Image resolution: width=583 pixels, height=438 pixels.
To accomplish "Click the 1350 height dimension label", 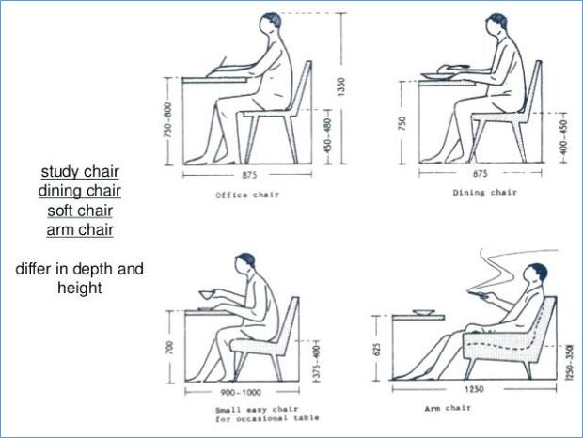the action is [341, 86].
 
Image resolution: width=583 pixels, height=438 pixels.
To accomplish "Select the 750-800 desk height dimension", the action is [167, 120].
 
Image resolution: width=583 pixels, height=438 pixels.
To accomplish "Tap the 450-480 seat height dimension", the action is [327, 136].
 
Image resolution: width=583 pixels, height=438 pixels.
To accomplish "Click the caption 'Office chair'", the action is [247, 196].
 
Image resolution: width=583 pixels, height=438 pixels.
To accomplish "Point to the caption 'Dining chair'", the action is [485, 193].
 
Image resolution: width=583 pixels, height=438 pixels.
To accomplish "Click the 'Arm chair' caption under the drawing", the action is [448, 408].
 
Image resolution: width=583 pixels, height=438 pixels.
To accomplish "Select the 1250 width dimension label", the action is [474, 389].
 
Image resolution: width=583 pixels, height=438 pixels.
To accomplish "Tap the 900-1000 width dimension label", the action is [241, 392].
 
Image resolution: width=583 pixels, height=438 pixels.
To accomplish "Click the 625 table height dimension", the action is [377, 350].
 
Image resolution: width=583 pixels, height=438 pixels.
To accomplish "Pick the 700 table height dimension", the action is [169, 347].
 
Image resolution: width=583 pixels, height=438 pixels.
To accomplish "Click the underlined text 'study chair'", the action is [80, 172].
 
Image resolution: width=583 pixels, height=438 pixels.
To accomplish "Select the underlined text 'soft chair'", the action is [80, 211].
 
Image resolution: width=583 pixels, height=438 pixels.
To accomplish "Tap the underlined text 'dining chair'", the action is [80, 191].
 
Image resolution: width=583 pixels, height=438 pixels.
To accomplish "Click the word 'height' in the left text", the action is [80, 289].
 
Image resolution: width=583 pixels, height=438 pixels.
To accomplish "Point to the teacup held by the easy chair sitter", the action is [207, 294].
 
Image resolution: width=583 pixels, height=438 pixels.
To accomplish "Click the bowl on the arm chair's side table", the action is [423, 312].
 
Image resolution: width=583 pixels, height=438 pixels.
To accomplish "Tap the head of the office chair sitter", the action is [270, 24].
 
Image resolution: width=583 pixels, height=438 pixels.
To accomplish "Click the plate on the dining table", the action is [437, 76].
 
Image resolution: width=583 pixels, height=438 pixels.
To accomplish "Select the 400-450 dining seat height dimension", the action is [563, 137].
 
